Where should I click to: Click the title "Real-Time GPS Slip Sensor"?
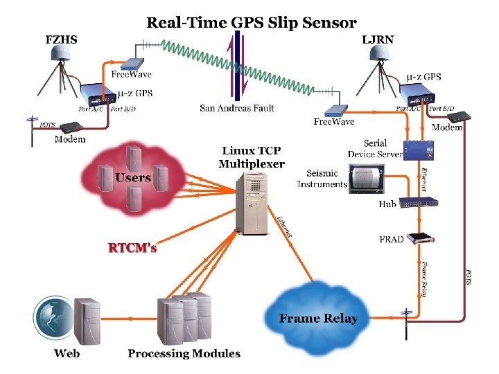click(251, 22)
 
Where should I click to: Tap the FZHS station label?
click(61, 39)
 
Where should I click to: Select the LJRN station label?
click(378, 39)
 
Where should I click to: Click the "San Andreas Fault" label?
click(236, 108)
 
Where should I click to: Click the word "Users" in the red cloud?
click(133, 178)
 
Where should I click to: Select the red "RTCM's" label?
click(132, 247)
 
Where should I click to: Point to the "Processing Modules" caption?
click(184, 353)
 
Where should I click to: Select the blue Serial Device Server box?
click(419, 149)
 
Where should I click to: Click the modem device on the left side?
click(71, 127)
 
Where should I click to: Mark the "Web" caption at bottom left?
click(67, 353)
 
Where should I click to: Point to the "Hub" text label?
click(387, 204)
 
